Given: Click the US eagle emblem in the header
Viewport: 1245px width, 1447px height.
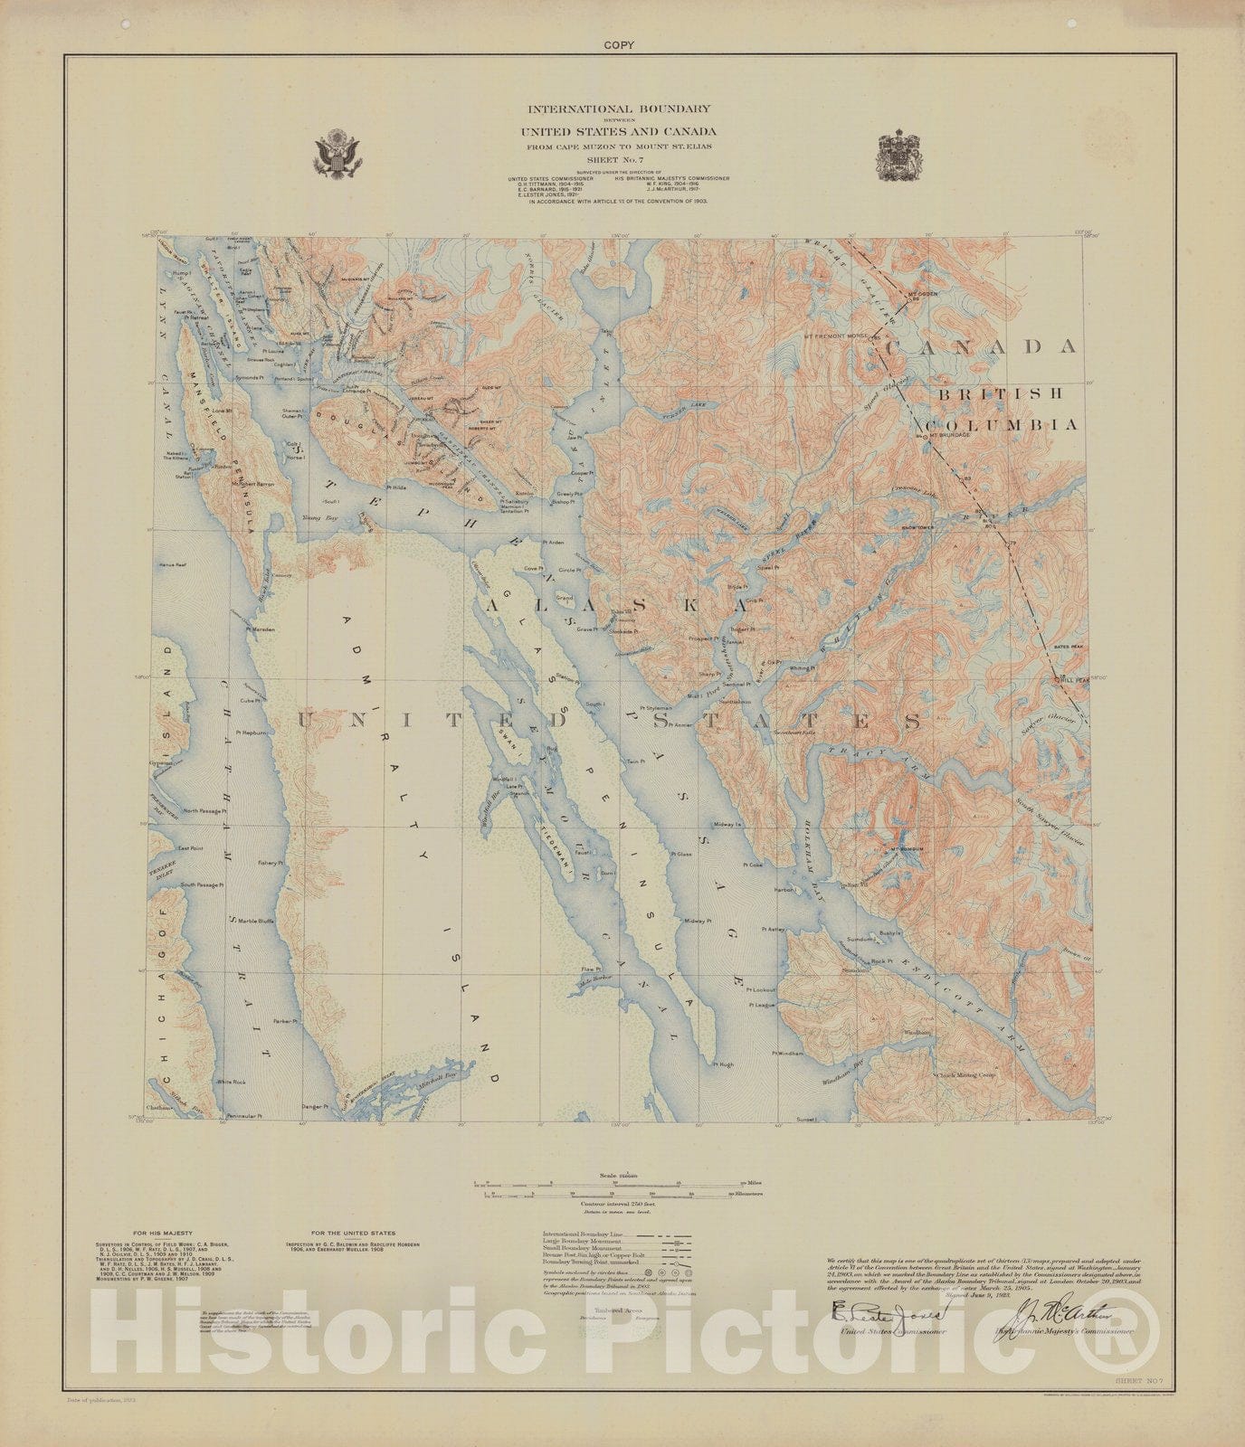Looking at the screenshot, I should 337,152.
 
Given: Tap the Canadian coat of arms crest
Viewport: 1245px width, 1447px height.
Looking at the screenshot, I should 898,154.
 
